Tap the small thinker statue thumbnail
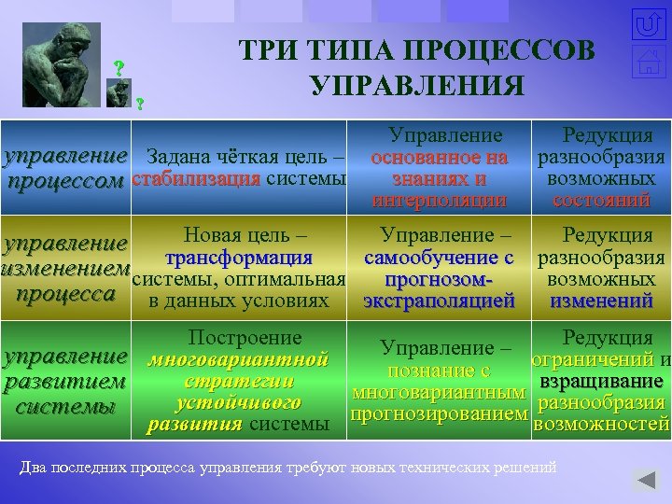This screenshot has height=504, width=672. [118, 91]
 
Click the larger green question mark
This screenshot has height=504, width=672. [119, 68]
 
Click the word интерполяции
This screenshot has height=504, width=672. [438, 199]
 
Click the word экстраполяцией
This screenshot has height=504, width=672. [439, 301]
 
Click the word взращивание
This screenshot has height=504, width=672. [601, 382]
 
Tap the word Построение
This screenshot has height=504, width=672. [245, 338]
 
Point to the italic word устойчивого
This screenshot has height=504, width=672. [238, 403]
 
